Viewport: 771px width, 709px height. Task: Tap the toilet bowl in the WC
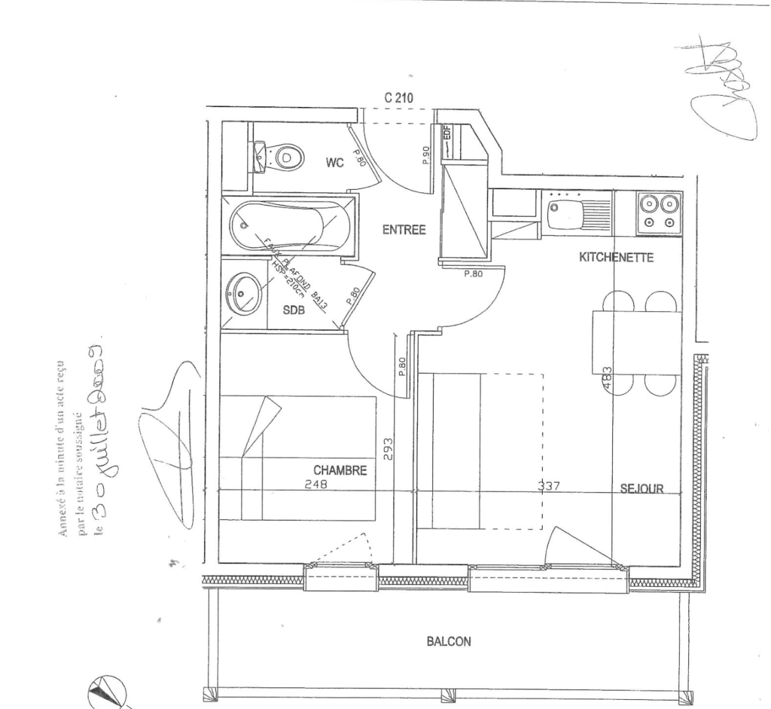(x=287, y=156)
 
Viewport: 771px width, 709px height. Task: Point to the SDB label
(x=293, y=311)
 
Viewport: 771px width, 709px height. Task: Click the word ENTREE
(x=404, y=230)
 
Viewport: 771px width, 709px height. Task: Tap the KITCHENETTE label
(x=615, y=257)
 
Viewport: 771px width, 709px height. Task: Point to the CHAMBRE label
(x=339, y=470)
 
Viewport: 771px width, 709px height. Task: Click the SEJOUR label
(x=642, y=488)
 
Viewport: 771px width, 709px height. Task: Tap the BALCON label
(x=449, y=641)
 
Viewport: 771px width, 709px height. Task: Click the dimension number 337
(x=549, y=487)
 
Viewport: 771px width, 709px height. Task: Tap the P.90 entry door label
(x=425, y=155)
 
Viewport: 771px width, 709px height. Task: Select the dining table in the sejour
(x=636, y=342)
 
